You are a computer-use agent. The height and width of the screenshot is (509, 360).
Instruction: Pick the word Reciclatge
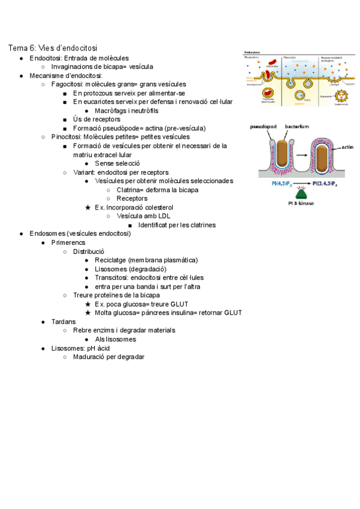110,260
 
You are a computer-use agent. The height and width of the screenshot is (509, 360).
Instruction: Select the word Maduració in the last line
90,357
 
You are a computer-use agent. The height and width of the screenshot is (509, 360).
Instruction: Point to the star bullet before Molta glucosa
88,313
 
